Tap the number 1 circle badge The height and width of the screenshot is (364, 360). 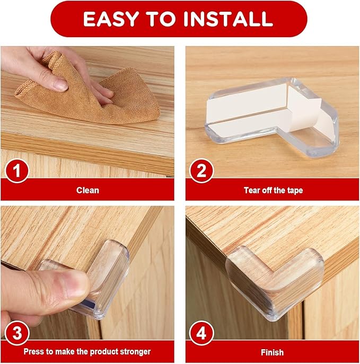click(16, 172)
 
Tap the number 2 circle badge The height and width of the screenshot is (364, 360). click(201, 172)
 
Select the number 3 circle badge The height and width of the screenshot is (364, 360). click(16, 334)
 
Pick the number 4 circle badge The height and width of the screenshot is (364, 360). click(201, 334)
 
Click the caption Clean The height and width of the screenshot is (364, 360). click(87, 190)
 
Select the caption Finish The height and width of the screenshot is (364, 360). click(272, 351)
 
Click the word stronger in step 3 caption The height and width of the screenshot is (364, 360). click(135, 351)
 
